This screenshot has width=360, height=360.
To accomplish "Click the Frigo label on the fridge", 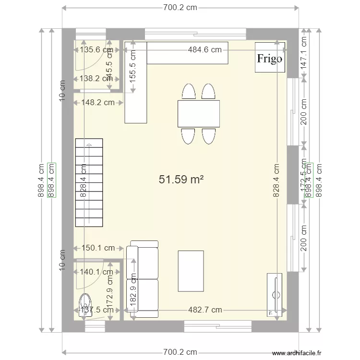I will coord(270,59).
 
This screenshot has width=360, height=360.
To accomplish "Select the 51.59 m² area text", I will coord(181,180).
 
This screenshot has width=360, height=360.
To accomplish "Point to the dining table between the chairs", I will coord(199,114).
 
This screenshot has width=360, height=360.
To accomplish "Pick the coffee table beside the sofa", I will coord(191,271).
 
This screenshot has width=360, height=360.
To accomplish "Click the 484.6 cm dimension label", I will coord(204,49).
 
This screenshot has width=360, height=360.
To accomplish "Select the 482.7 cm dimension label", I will coord(205,310).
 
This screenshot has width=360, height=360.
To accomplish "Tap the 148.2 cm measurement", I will coord(98,102).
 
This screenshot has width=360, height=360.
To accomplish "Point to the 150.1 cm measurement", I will coord(98,248).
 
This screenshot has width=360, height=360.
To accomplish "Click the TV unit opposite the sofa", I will coord(275,295).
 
